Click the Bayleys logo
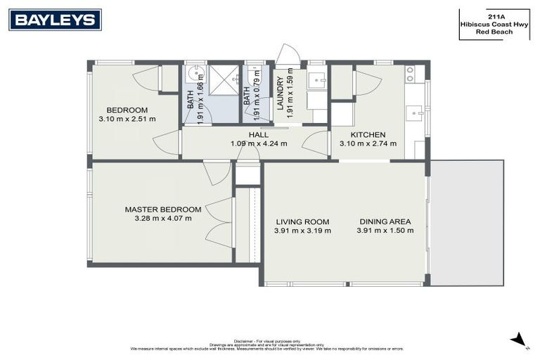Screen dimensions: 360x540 (55, 20)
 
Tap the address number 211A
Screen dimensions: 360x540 (494, 15)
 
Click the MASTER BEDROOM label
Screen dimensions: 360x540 (163, 210)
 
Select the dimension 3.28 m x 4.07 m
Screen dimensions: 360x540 (163, 219)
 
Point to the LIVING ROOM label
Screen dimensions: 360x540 (302, 221)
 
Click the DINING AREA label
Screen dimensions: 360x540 (383, 221)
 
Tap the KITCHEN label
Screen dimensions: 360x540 (368, 134)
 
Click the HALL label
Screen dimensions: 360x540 (258, 134)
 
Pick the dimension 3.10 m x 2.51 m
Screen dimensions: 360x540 (127, 119)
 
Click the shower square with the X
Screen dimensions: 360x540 (224, 81)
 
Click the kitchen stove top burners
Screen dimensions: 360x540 (410, 72)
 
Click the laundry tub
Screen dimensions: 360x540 (318, 80)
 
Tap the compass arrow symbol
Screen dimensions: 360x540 (519, 339)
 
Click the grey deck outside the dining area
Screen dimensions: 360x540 (467, 222)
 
